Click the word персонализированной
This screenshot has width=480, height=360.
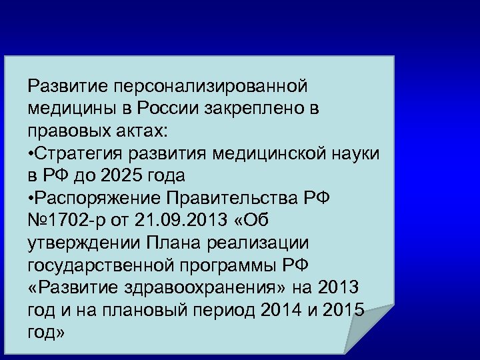211,86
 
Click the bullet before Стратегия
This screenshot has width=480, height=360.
31,153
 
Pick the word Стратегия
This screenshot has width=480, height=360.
73,153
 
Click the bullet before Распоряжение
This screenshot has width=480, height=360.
31,199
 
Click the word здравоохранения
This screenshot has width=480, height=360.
204,289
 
